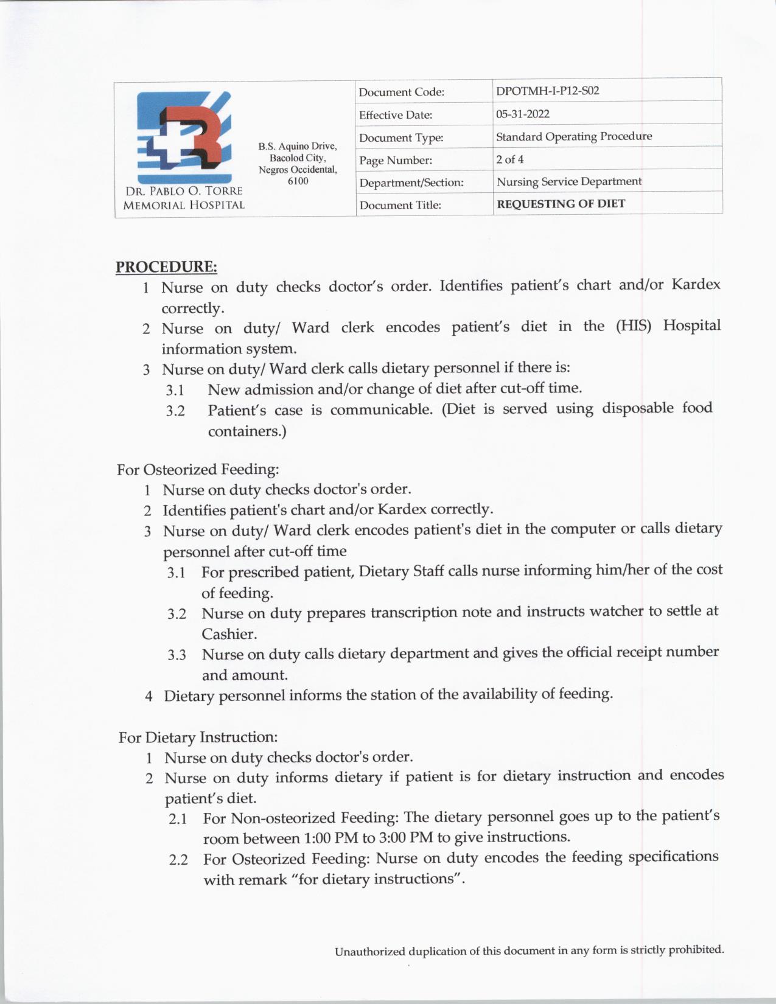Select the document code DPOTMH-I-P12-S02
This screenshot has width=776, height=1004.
point(547,91)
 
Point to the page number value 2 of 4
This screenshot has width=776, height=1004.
point(509,159)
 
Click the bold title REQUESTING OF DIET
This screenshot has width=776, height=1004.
point(561,204)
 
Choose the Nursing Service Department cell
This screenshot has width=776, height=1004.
point(568,181)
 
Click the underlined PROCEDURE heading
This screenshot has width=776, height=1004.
point(166,267)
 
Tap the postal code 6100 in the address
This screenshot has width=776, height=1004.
point(298,181)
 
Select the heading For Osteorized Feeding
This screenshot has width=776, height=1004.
point(198,470)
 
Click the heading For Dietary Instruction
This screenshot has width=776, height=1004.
point(198,737)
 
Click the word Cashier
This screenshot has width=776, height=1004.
point(229,634)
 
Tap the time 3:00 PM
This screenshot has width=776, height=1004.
point(406,838)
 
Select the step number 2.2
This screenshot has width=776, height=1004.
point(178,860)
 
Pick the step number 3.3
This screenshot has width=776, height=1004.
point(177,655)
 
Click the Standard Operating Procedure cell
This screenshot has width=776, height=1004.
point(573,136)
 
